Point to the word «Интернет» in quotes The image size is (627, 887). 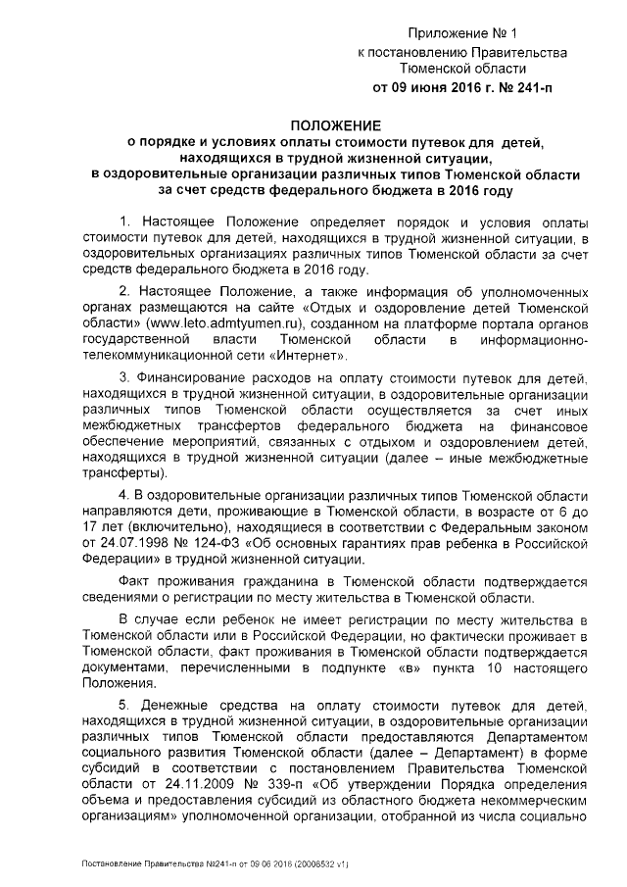point(312,355)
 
